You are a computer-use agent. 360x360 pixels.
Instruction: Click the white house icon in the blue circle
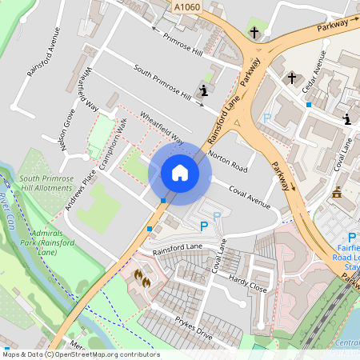click(180, 172)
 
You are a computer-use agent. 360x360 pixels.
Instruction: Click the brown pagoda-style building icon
click(337, 193)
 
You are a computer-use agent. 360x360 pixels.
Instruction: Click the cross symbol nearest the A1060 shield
click(254, 33)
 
